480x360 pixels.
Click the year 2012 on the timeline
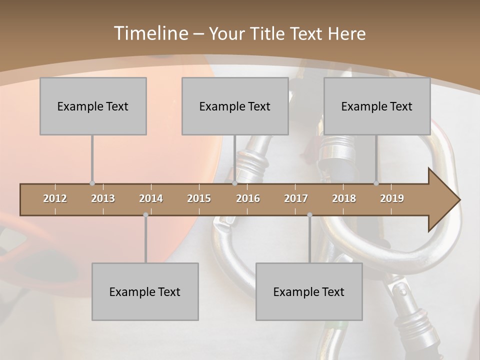point(55,198)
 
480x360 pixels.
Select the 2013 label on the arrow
point(103,198)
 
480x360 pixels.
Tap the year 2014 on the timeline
point(151,198)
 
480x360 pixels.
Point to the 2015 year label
point(199,198)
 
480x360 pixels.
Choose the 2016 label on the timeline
point(248,198)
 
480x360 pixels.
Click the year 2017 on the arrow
point(296,198)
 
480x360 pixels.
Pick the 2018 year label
point(344,198)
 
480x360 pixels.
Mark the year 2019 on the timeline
point(392,198)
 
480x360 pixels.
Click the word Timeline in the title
point(150,33)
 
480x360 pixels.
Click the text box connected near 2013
point(93,106)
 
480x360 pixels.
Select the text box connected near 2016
point(235,106)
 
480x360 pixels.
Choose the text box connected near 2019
point(377,106)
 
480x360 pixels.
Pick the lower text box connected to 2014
point(145,291)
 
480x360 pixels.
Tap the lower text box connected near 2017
point(309,291)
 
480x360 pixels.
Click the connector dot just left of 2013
point(92,183)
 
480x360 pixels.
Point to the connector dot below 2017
point(309,215)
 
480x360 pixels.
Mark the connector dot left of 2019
point(376,183)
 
